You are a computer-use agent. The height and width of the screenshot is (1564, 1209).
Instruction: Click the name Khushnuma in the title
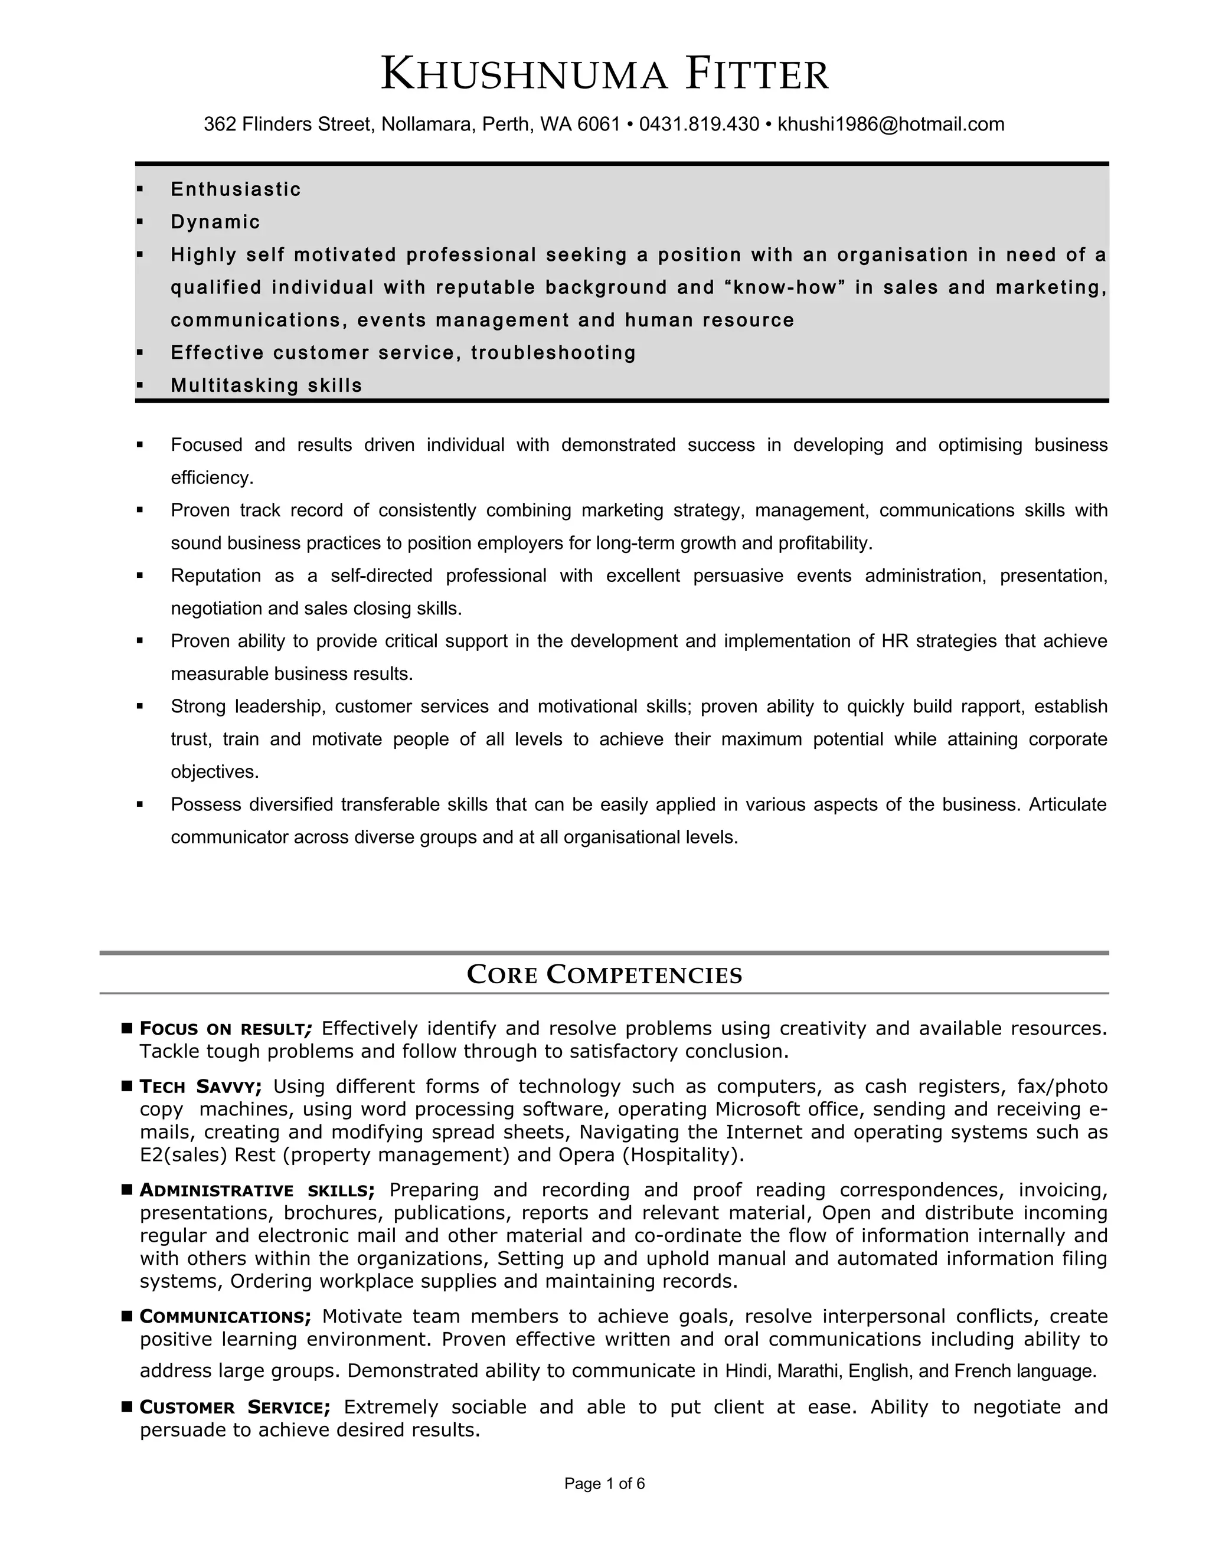[524, 74]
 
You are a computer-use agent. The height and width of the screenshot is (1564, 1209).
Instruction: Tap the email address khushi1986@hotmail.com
[890, 125]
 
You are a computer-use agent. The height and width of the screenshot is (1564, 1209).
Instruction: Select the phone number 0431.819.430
[698, 125]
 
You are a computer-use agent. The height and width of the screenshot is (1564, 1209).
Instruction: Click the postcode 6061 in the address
[598, 125]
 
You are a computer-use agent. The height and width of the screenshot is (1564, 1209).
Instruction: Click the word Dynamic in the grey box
[215, 222]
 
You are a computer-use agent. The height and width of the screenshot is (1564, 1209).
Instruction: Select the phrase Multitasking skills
[266, 385]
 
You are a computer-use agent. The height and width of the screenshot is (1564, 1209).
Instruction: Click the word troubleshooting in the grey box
[554, 353]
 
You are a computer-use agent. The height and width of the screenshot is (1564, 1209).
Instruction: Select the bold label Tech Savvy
[201, 1087]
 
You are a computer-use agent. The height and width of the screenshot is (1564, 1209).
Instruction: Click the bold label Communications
[225, 1317]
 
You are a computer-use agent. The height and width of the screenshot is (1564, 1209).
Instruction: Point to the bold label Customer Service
[235, 1407]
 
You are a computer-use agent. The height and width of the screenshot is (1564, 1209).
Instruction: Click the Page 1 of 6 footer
[604, 1484]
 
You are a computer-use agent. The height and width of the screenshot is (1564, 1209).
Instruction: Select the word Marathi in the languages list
[807, 1372]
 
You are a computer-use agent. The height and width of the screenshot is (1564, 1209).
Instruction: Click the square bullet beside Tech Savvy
[128, 1087]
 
